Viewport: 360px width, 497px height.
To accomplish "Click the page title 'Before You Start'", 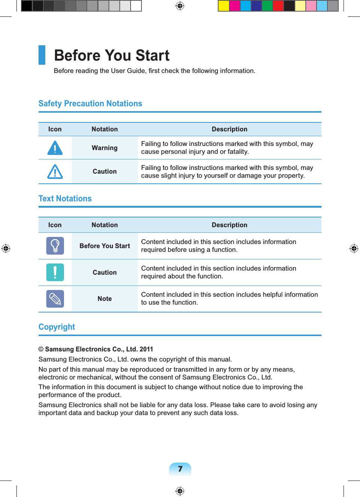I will coord(112,55).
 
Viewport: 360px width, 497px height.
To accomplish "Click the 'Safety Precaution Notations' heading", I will coord(90,104).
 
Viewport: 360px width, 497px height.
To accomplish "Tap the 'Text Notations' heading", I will coord(65,199).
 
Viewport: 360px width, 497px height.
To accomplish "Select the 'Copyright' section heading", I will coord(57,327).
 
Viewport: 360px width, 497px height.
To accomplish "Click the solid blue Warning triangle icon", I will coord(55,148).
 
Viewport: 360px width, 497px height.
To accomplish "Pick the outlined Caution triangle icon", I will coord(55,172).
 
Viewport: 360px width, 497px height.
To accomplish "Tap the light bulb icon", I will coord(55,246).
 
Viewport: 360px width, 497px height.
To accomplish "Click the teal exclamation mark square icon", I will coord(55,272).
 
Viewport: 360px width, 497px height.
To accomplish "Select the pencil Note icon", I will coord(55,299).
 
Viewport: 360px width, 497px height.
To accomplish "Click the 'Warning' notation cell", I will coord(105,148).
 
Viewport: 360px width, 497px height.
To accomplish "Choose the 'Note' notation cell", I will coord(105,299).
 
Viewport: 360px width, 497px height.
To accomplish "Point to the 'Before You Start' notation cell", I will coord(105,246).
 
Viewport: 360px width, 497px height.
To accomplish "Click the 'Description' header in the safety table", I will coord(229,129).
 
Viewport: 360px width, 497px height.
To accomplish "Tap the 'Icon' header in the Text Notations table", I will coord(55,225).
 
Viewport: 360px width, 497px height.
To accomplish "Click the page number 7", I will coord(180,469).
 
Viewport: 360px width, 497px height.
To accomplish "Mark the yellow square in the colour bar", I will coord(224,6).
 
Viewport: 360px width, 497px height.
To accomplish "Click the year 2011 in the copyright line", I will coord(146,349).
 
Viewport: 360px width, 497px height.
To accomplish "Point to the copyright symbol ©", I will coord(41,349).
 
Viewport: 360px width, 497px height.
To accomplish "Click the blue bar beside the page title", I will coord(42,55).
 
